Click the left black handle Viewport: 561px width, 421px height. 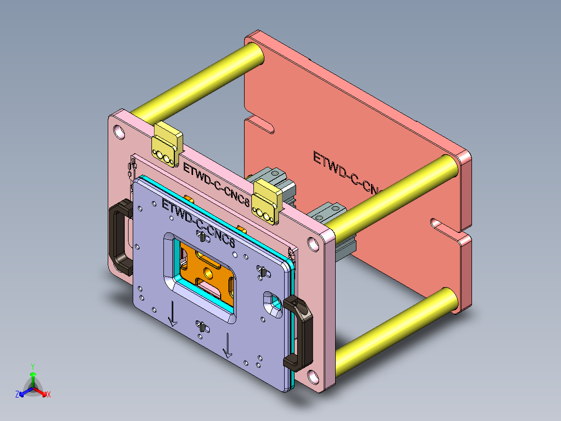click(119, 237)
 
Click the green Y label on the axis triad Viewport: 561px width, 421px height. click(32, 367)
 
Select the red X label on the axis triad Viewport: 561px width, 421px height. click(49, 395)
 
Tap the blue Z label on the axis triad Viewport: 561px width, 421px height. click(17, 395)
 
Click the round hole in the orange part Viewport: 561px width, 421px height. click(209, 271)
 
